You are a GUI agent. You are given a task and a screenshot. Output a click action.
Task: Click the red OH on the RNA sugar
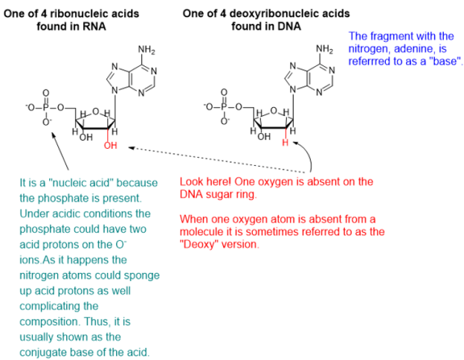pyautogui.click(x=110, y=145)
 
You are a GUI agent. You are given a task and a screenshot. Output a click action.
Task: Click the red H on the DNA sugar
pyautogui.click(x=285, y=143)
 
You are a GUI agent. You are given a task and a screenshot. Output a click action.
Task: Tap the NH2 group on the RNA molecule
pyautogui.click(x=146, y=50)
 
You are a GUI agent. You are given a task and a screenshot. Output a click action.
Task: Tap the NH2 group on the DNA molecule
pyautogui.click(x=325, y=49)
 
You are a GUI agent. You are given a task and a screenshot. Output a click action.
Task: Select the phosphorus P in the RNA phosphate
pyautogui.click(x=45, y=107)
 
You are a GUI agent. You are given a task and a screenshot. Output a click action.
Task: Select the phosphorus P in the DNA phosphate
pyautogui.click(x=224, y=107)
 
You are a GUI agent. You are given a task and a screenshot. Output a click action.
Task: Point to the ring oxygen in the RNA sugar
pyautogui.click(x=96, y=112)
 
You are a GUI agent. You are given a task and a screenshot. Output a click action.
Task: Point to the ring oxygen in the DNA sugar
pyautogui.click(x=274, y=111)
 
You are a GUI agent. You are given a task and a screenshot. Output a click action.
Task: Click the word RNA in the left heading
pyautogui.click(x=94, y=26)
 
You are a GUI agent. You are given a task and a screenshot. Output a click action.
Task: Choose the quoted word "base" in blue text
pyautogui.click(x=445, y=61)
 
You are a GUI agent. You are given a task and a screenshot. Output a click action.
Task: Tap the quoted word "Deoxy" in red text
pyautogui.click(x=199, y=245)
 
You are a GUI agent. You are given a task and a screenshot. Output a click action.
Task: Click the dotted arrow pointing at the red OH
pyautogui.click(x=217, y=160)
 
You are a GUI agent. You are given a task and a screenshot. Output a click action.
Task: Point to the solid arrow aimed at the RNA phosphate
pyautogui.click(x=60, y=151)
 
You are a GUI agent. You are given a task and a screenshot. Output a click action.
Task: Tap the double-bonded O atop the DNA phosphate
pyautogui.click(x=225, y=93)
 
